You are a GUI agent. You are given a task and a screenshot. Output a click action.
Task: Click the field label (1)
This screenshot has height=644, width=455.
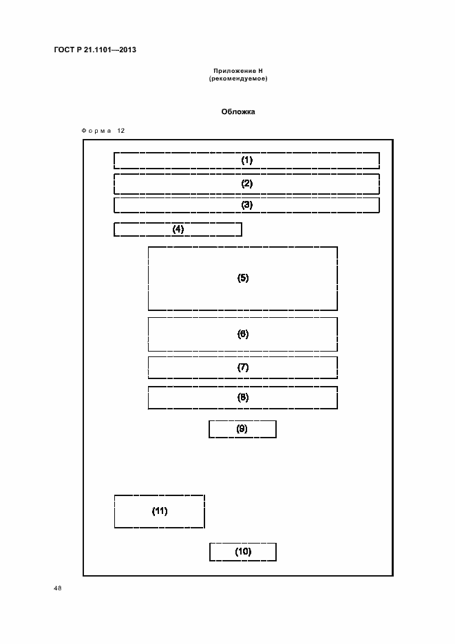tap(246, 160)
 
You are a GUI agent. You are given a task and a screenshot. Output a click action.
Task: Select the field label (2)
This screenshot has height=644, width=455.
tap(246, 184)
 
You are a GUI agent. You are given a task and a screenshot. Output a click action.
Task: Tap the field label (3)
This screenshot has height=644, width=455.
tap(246, 205)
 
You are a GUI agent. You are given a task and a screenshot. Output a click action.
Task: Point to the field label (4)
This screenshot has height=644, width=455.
tap(178, 229)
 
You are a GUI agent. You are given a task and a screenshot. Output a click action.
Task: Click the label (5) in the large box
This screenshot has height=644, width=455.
tap(243, 278)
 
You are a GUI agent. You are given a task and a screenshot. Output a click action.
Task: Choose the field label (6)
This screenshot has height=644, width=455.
tap(243, 334)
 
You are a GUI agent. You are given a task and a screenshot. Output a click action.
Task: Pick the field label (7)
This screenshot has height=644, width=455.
tap(243, 367)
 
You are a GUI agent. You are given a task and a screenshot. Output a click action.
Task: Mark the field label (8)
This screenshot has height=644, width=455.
tap(243, 397)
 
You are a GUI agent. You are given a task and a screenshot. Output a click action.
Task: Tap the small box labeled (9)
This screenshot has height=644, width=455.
tap(242, 429)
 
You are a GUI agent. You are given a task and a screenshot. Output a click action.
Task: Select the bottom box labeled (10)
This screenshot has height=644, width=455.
tap(242, 551)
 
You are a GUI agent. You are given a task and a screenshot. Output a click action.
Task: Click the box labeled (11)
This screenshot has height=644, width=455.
tap(160, 511)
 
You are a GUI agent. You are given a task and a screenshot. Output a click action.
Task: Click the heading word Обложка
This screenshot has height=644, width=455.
tap(238, 111)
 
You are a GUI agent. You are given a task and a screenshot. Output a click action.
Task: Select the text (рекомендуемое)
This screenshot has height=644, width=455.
tap(238, 78)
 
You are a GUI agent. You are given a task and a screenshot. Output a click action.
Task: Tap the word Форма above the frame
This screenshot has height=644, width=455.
tap(96, 131)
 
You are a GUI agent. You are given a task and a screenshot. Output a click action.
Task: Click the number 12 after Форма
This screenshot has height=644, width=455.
tap(121, 131)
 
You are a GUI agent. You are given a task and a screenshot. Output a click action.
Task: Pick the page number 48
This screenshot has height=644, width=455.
tap(57, 588)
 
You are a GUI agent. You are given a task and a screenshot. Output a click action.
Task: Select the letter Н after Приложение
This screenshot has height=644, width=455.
tap(261, 71)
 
